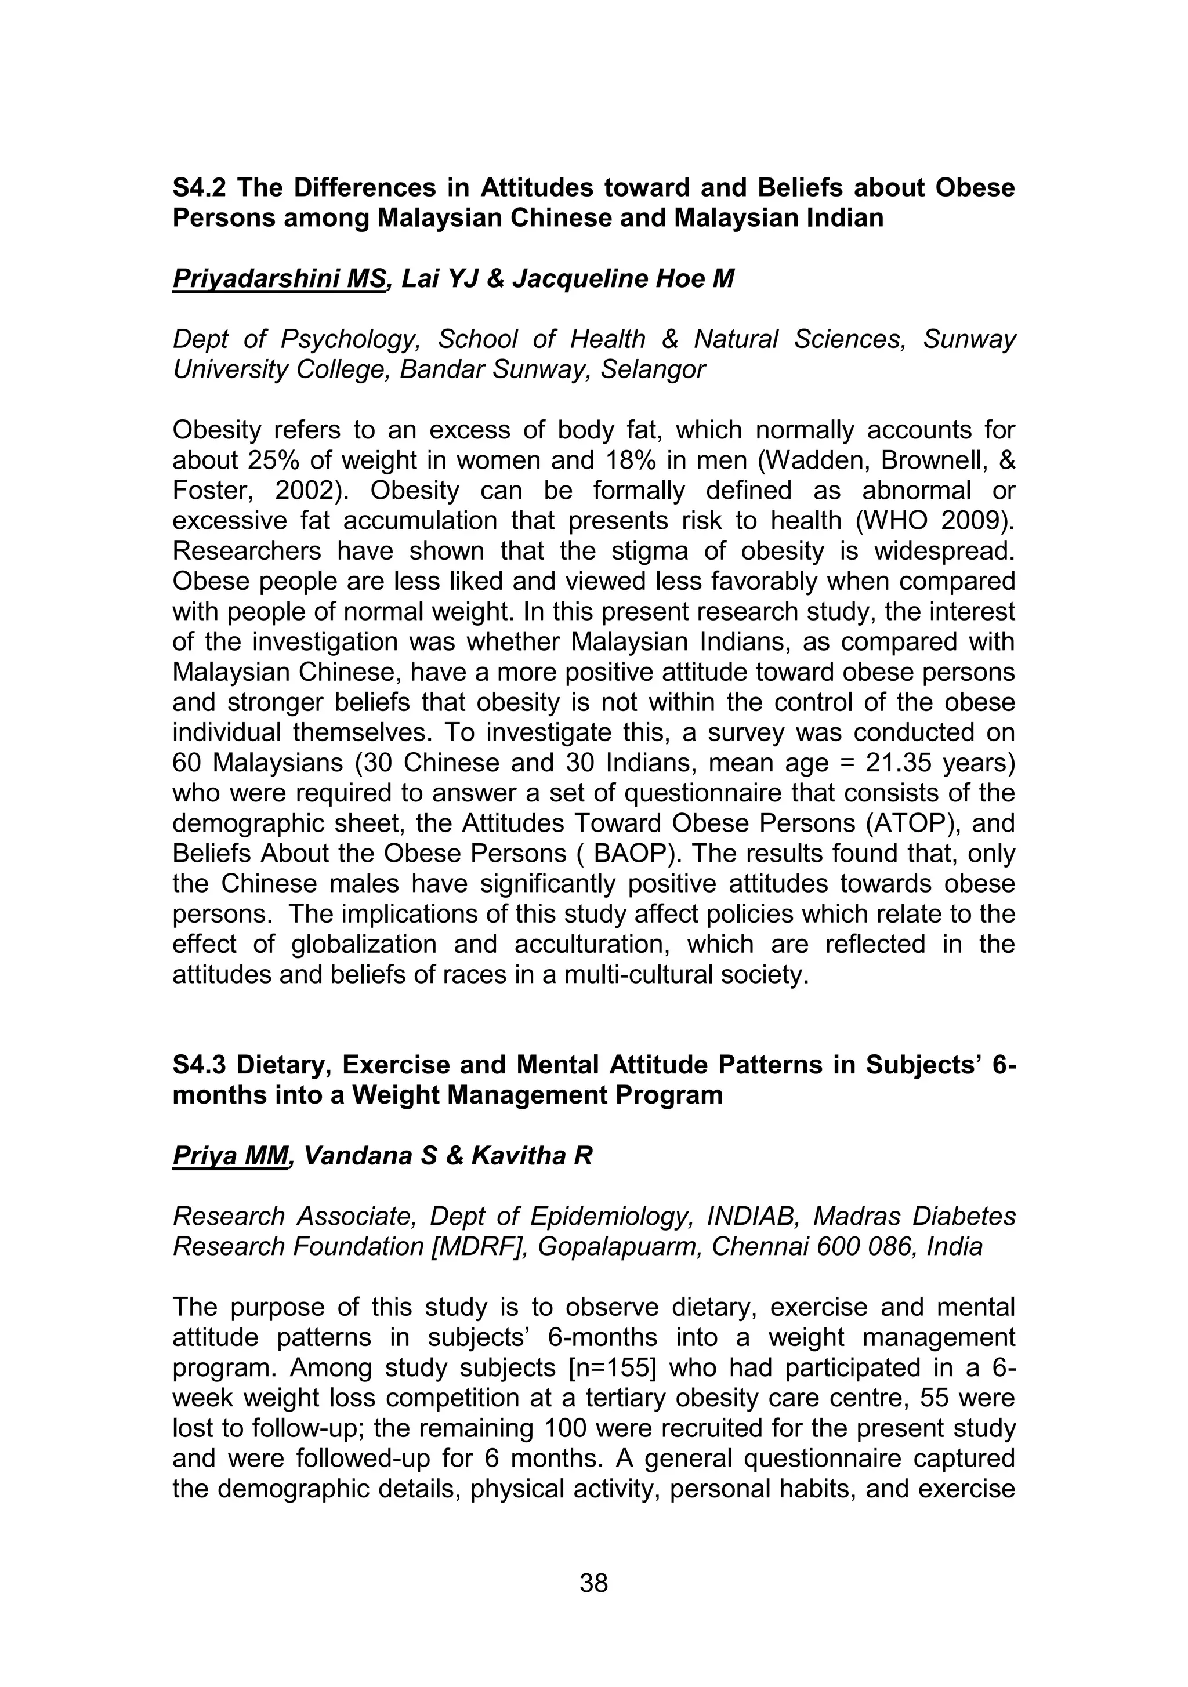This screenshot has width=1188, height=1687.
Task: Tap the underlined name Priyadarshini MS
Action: pos(278,279)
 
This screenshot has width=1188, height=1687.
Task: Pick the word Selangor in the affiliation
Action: pos(652,369)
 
